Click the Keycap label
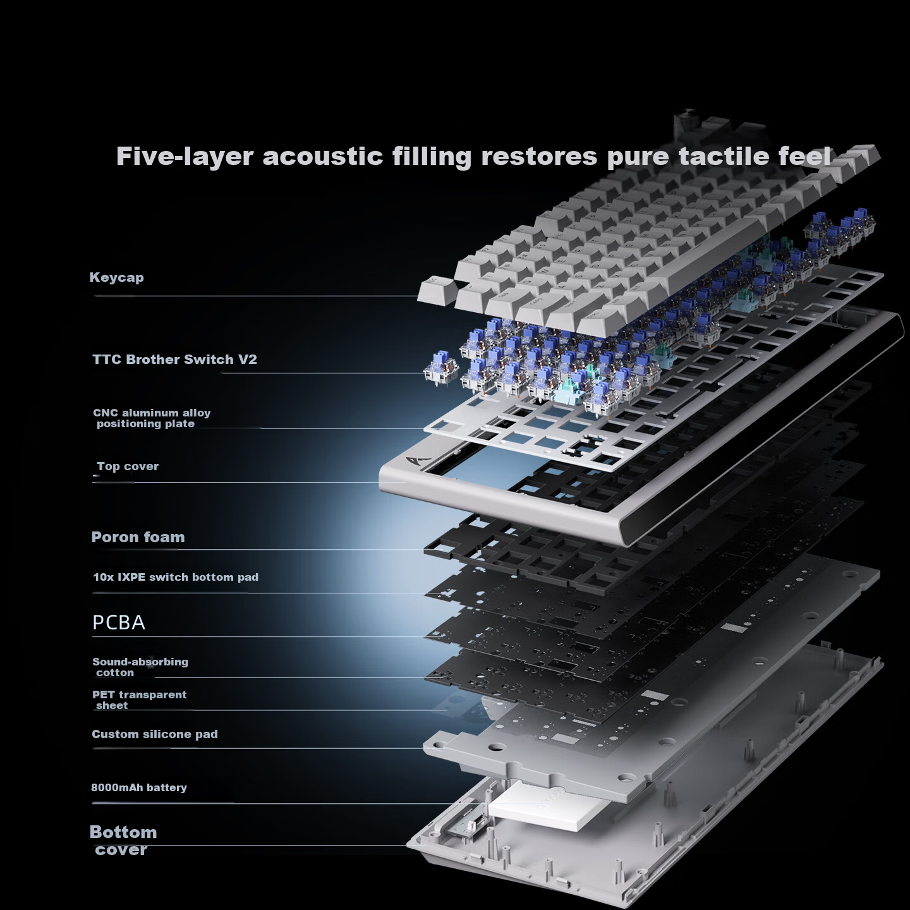pyautogui.click(x=117, y=277)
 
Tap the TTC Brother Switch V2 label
pyautogui.click(x=174, y=360)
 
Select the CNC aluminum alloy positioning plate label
pyautogui.click(x=152, y=418)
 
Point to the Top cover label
pyautogui.click(x=128, y=466)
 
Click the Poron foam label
pyautogui.click(x=138, y=537)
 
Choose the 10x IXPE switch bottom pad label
pyautogui.click(x=176, y=577)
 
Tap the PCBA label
pyautogui.click(x=119, y=622)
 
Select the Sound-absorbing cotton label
pyautogui.click(x=140, y=667)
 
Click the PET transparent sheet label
pyautogui.click(x=139, y=700)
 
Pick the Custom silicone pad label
pyautogui.click(x=154, y=734)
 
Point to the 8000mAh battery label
pyautogui.click(x=139, y=787)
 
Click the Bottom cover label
pyautogui.click(x=123, y=840)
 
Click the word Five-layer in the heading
pyautogui.click(x=185, y=156)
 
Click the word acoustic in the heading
pyautogui.click(x=322, y=156)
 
